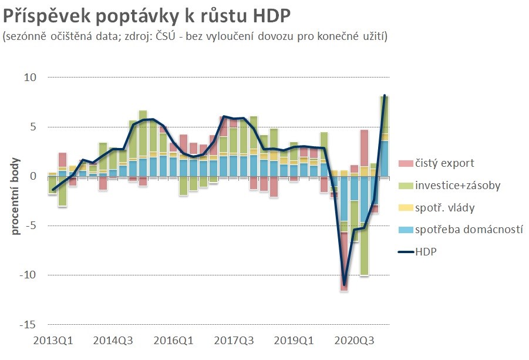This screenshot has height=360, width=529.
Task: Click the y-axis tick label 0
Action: pos(33,176)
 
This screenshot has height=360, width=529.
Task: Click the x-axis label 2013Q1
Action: pos(53,340)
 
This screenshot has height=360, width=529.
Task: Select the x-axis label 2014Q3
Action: pos(114,340)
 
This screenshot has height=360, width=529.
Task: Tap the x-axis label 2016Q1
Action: pos(174,340)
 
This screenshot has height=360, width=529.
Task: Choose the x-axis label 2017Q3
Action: pos(234,340)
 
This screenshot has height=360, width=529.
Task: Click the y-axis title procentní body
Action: pos(16,196)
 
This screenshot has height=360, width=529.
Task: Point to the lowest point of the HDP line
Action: pos(344,284)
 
